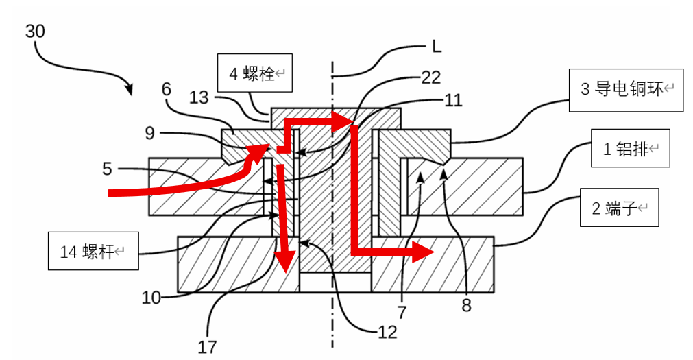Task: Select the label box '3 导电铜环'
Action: (x=627, y=89)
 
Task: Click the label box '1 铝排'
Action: (x=630, y=148)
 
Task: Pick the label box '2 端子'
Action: (x=619, y=208)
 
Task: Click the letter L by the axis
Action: (x=436, y=47)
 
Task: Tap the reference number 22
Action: (x=431, y=77)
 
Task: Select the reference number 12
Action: (x=387, y=332)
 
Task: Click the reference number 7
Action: (x=401, y=313)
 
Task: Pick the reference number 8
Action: (x=466, y=306)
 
